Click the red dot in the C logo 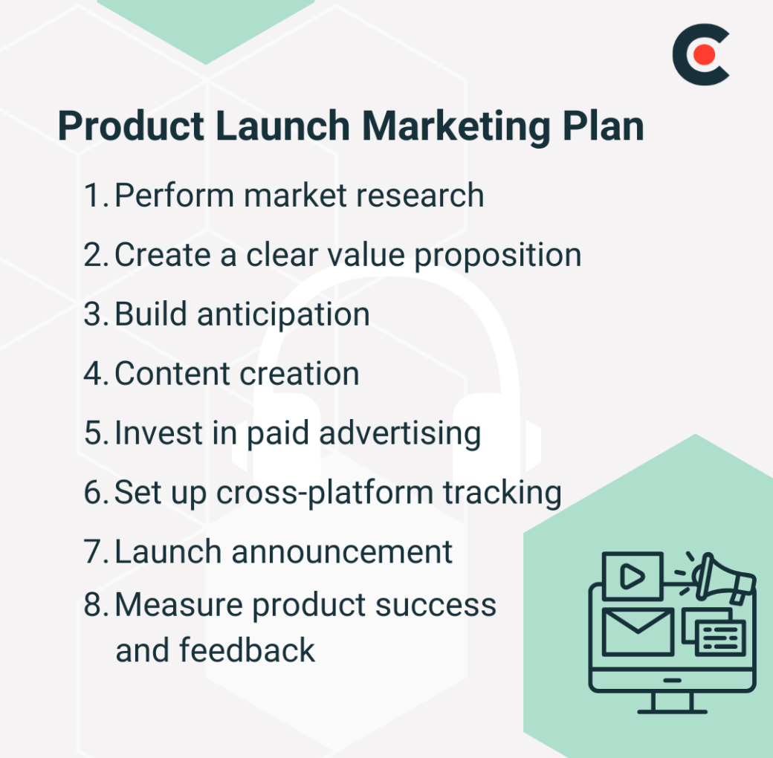[705, 54]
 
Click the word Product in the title [129, 126]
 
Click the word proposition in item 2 [497, 255]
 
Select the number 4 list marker [96, 374]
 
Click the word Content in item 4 [169, 374]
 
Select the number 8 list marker [96, 605]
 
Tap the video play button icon [632, 576]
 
